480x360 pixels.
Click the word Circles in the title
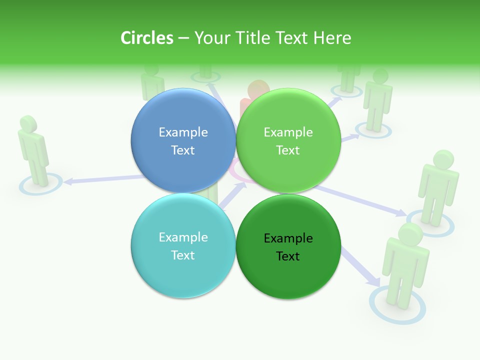point(146,38)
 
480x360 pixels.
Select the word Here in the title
point(332,38)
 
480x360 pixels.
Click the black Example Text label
point(288,247)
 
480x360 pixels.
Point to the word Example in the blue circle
point(183,132)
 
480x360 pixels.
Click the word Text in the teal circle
point(183,255)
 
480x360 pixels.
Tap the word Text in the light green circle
point(288,150)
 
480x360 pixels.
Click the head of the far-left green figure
point(28,123)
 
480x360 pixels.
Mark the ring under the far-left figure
point(41,185)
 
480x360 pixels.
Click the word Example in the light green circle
point(288,132)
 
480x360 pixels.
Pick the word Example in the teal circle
point(183,237)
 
